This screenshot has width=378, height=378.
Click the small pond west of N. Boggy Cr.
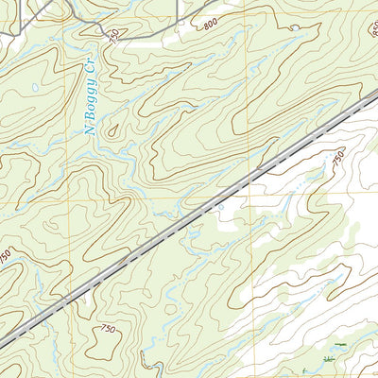click(35, 88)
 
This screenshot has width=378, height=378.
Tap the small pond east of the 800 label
click(294, 28)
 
